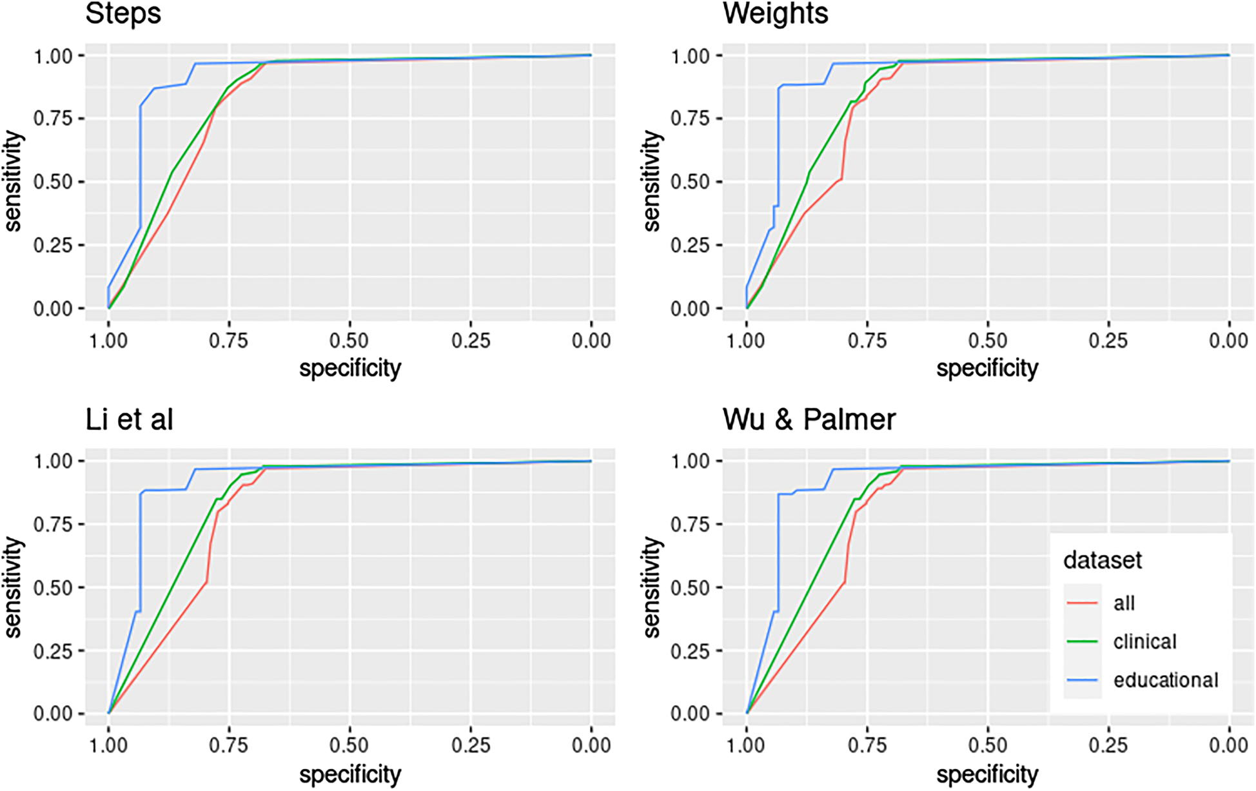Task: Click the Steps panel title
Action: pos(123,14)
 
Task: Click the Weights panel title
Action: pos(775,14)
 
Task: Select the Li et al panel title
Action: pos(130,420)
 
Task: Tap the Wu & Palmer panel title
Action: pos(809,420)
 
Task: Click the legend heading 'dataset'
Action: pos(1102,560)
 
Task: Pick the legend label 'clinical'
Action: pos(1144,641)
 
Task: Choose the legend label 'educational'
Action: pos(1165,680)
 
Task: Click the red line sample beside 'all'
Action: pos(1082,603)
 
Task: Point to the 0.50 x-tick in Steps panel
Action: pos(349,340)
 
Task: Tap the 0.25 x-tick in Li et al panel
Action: pos(471,745)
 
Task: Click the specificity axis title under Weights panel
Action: pos(987,369)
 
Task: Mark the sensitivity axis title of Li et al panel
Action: pos(13,587)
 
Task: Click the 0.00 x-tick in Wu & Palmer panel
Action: pos(1228,745)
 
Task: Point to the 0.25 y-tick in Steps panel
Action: pos(52,246)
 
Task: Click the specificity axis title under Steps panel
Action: pos(349,369)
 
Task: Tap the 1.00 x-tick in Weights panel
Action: pos(746,340)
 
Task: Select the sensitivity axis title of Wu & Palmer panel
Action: pos(652,587)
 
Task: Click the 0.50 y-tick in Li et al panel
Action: pos(52,588)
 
